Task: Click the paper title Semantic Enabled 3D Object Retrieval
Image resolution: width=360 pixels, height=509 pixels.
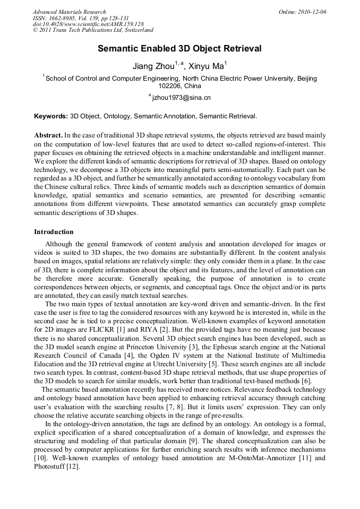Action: click(179, 49)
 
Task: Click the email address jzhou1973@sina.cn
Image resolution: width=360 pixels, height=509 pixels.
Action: click(181, 98)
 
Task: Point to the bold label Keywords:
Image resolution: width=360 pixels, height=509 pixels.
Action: click(51, 116)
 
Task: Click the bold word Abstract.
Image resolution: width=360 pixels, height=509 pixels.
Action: click(48, 136)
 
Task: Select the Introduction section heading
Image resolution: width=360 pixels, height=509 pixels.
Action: click(54, 232)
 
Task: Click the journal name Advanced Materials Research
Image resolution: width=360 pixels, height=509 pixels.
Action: click(69, 12)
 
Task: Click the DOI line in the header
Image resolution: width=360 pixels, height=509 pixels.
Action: click(88, 24)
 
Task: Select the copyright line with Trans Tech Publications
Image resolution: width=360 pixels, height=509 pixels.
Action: click(93, 31)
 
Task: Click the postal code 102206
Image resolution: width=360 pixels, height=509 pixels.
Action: click(169, 85)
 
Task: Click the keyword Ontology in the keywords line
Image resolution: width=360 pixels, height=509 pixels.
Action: click(117, 116)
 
